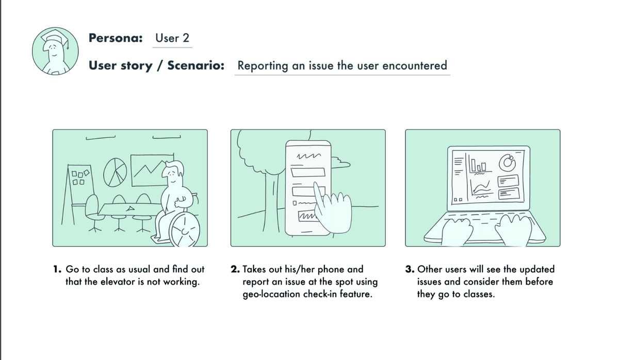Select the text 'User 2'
(172, 38)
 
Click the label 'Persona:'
(116, 38)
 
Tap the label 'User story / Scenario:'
(156, 66)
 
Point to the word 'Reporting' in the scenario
(263, 66)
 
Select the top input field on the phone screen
(307, 172)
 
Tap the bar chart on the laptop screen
(478, 165)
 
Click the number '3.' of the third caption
(410, 269)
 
